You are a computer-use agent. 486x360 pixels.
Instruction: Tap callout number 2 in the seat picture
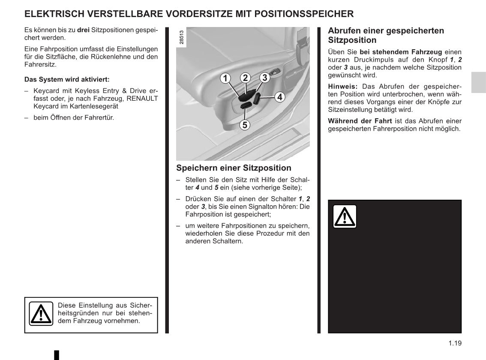(x=245, y=78)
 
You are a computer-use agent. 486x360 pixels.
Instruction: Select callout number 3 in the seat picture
(x=265, y=78)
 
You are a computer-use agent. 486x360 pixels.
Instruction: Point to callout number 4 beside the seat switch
(x=279, y=97)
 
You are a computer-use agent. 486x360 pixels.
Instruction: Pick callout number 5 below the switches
(x=244, y=125)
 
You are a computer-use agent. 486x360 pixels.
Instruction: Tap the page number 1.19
(x=455, y=343)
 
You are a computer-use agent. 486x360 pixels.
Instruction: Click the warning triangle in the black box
(x=345, y=216)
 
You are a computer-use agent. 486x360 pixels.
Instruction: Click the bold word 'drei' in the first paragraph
(x=83, y=30)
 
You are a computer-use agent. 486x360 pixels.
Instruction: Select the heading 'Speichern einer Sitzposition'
(x=234, y=168)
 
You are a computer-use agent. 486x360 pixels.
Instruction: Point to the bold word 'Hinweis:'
(x=343, y=86)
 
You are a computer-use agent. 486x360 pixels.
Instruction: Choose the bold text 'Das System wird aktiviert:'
(x=67, y=79)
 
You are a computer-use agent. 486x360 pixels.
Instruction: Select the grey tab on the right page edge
(x=479, y=82)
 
